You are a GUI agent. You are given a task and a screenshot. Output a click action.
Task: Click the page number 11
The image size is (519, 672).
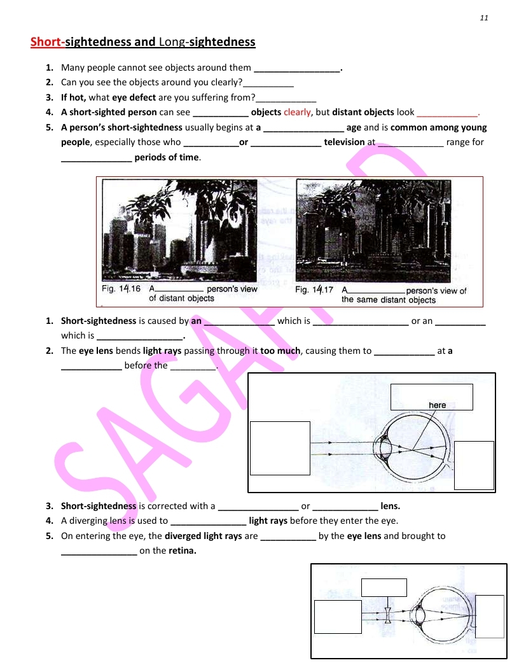tap(484, 18)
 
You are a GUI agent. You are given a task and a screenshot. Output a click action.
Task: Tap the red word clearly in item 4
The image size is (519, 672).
tap(297, 112)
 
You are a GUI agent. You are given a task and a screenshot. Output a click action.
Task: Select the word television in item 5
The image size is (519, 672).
tap(344, 142)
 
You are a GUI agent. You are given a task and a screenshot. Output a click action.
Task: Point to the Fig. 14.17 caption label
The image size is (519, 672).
tap(314, 290)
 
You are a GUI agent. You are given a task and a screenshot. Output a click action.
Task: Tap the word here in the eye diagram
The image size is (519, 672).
tap(437, 405)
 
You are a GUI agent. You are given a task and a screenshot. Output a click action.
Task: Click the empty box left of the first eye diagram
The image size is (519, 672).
tap(280, 447)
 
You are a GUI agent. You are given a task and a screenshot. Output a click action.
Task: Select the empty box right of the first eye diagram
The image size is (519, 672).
tap(474, 465)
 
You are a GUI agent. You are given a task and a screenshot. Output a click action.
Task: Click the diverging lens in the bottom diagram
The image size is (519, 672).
tap(388, 615)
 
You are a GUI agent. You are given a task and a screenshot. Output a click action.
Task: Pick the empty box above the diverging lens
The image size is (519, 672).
tap(384, 587)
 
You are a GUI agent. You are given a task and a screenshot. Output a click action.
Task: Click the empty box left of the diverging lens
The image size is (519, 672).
tap(338, 616)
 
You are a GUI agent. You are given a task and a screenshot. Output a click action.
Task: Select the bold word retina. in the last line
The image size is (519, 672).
tap(182, 550)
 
